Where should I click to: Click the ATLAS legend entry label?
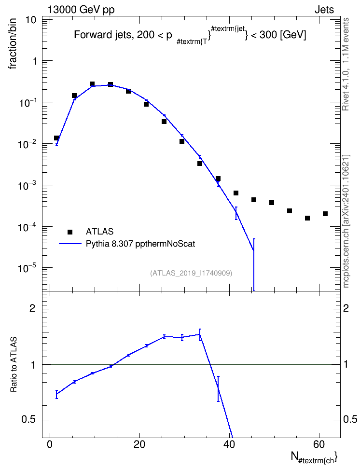(99, 232)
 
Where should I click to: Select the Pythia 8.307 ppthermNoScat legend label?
(140, 244)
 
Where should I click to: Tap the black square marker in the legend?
(70, 232)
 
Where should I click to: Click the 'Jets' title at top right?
(324, 10)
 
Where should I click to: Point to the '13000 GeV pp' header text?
(81, 10)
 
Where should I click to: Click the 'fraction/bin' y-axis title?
(12, 44)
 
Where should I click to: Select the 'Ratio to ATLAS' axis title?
(14, 365)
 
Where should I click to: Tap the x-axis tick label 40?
(229, 444)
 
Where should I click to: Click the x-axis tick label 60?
(319, 444)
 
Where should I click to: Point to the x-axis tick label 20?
(139, 444)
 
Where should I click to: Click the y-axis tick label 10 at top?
(31, 20)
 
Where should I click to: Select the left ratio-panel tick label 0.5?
(28, 420)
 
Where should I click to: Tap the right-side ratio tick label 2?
(346, 308)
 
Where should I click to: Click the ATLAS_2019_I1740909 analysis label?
(191, 273)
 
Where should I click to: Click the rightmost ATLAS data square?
(325, 214)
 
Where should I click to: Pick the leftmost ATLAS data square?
(56, 138)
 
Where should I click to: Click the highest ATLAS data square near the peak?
(92, 84)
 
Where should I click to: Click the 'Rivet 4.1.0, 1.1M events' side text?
(346, 64)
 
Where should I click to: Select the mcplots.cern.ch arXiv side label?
(346, 221)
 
